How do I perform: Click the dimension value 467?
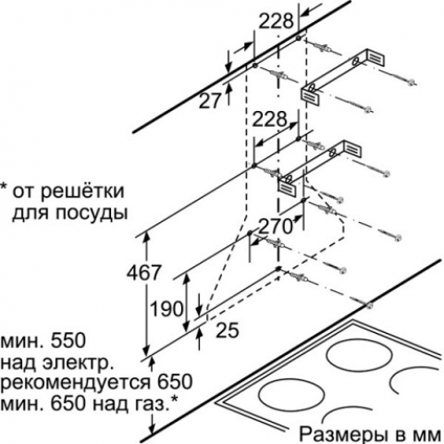144,273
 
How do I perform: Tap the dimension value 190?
167,309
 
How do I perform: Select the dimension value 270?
275,227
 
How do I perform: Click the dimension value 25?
227,330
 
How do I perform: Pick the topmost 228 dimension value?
276,21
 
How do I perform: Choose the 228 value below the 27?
269,120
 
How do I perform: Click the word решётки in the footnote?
82,192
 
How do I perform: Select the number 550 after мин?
68,341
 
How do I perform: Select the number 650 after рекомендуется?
175,382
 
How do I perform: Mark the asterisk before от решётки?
4,187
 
